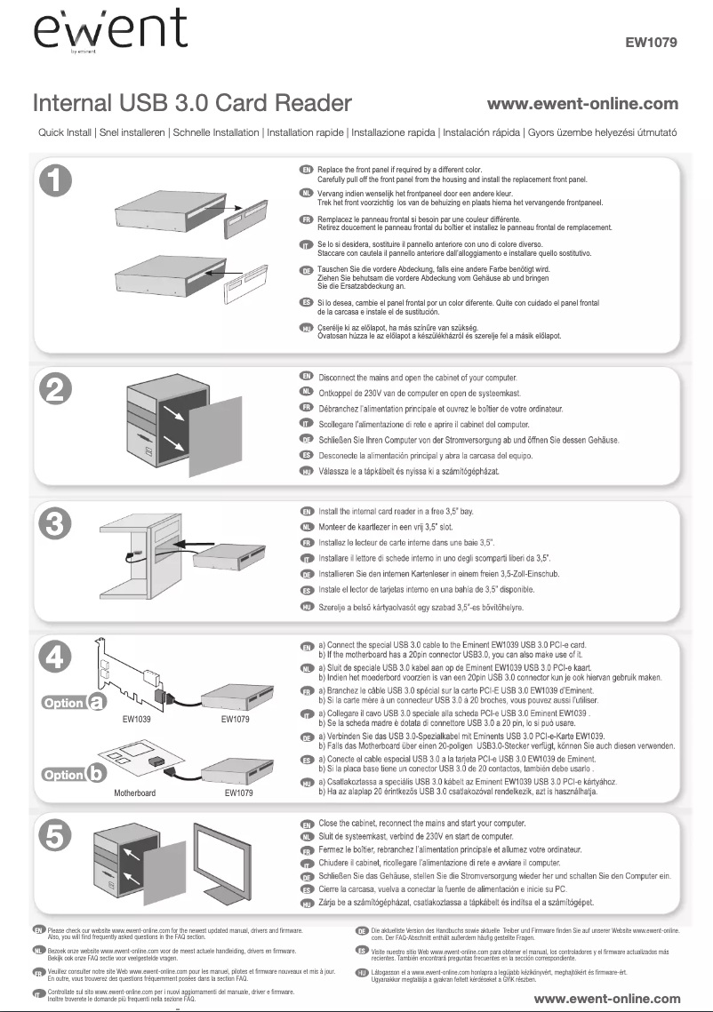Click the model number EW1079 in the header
point(653,42)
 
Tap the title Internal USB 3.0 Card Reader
point(180,105)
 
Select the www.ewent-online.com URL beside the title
point(583,105)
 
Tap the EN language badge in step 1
point(307,168)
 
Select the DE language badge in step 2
point(307,440)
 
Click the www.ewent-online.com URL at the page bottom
point(606,999)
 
